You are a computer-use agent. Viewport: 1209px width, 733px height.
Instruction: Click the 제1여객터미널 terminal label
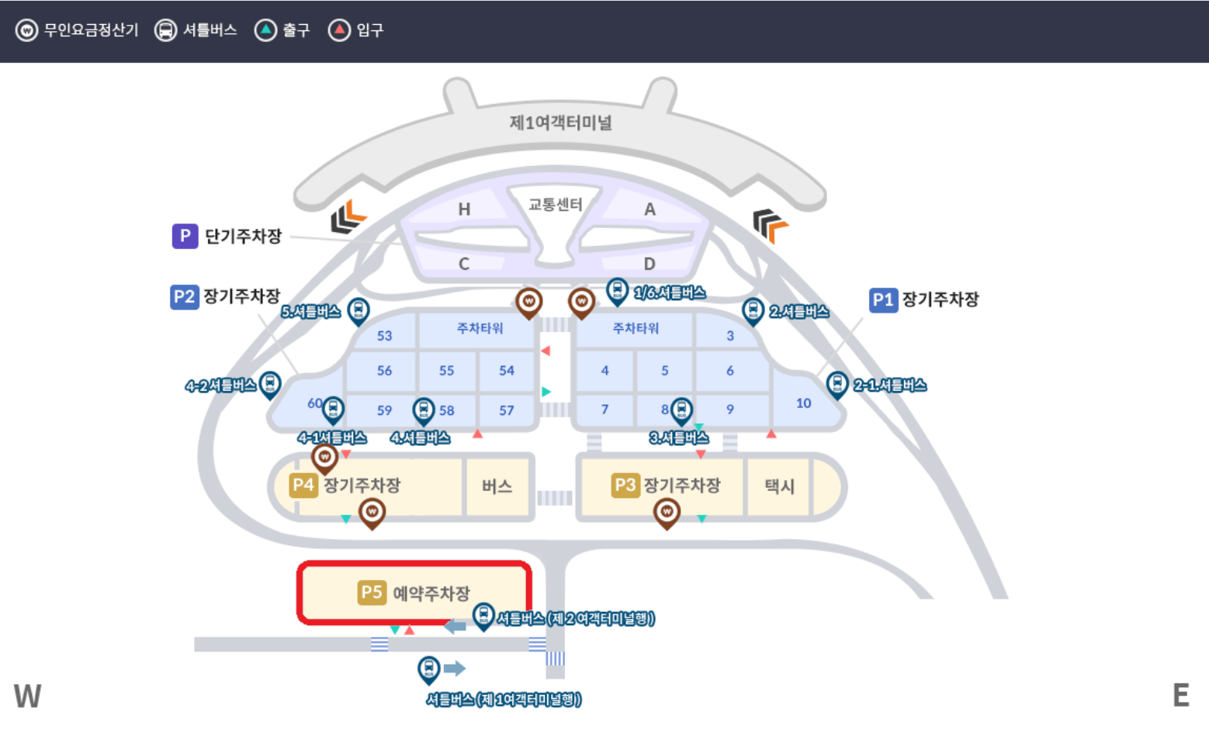(x=560, y=123)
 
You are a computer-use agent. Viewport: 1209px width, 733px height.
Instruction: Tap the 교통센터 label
(x=555, y=205)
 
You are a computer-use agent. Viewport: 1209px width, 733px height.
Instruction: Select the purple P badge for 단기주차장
(x=185, y=236)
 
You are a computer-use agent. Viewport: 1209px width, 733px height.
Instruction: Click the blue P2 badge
(x=184, y=296)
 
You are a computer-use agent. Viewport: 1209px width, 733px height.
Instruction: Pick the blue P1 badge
(x=883, y=300)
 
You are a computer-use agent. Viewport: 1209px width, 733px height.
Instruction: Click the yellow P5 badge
(x=372, y=593)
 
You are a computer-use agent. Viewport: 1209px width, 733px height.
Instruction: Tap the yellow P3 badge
(x=625, y=486)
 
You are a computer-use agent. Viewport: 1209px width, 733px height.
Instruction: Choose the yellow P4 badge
(x=303, y=486)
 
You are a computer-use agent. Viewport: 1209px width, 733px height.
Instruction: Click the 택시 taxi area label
(x=779, y=486)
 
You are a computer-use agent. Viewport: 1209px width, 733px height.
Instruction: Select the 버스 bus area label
(x=497, y=486)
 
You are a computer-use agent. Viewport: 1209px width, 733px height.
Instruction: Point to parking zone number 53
(x=385, y=336)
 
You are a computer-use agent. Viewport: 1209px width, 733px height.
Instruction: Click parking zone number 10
(x=803, y=403)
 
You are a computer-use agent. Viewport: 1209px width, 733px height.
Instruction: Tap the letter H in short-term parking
(x=464, y=209)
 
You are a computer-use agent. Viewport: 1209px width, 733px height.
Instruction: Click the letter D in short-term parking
(x=650, y=264)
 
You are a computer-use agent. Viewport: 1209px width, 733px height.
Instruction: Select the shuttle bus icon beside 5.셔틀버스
(x=358, y=309)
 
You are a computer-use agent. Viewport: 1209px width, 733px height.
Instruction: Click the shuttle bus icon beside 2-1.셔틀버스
(x=837, y=382)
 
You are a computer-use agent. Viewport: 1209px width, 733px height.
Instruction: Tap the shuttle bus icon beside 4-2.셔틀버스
(x=270, y=382)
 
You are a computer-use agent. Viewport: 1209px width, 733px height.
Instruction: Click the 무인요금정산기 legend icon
(x=26, y=30)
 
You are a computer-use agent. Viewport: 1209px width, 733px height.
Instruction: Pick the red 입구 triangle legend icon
(x=339, y=30)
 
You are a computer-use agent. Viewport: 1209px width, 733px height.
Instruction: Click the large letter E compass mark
(x=1180, y=696)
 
